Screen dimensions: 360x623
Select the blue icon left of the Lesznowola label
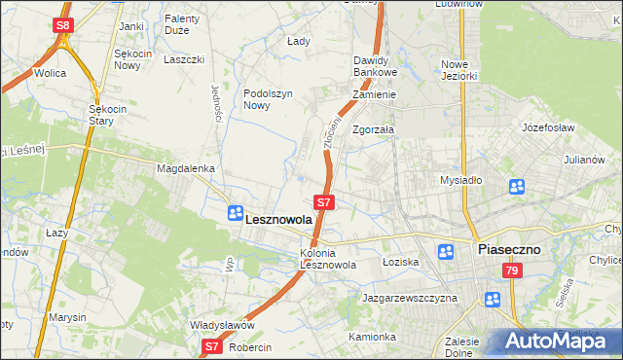pyautogui.click(x=235, y=213)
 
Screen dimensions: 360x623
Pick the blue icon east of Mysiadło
pyautogui.click(x=516, y=187)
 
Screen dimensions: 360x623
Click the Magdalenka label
pyautogui.click(x=185, y=168)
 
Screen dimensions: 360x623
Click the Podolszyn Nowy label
pyautogui.click(x=268, y=100)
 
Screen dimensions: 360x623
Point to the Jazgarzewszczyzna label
pyautogui.click(x=409, y=298)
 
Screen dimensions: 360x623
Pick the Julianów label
pyautogui.click(x=585, y=159)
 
